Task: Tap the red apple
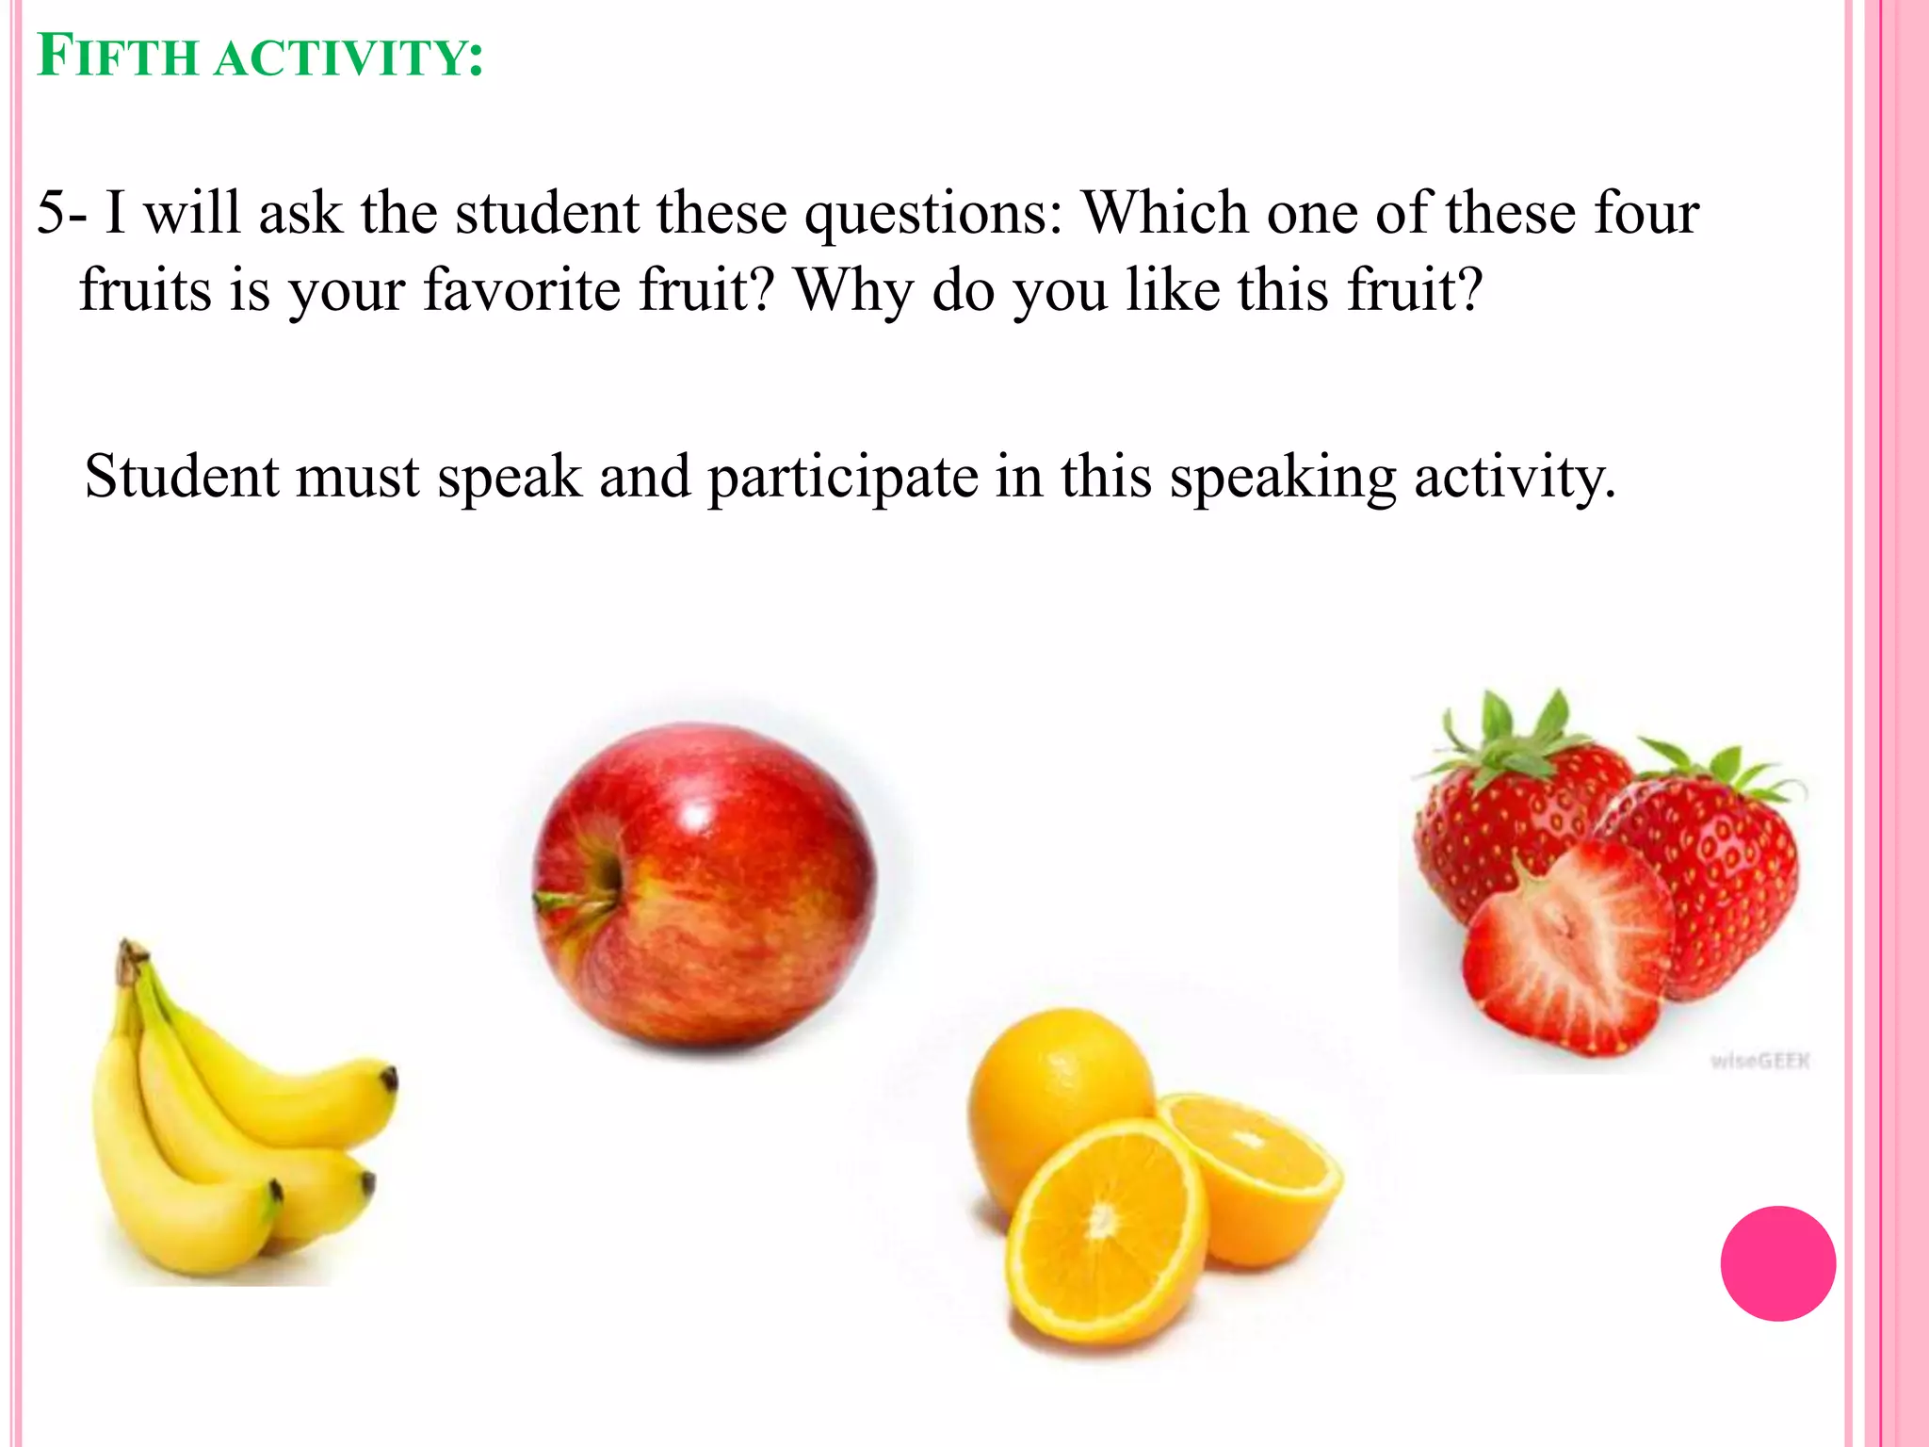pyautogui.click(x=716, y=886)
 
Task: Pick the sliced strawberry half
pyautogui.click(x=1568, y=951)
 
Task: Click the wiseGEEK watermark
pyautogui.click(x=1759, y=1062)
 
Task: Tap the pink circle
pyautogui.click(x=1777, y=1263)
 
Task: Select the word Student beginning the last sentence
pyautogui.click(x=181, y=476)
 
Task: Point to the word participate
pyautogui.click(x=843, y=478)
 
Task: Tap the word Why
pyautogui.click(x=853, y=291)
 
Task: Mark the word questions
pyautogui.click(x=932, y=215)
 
